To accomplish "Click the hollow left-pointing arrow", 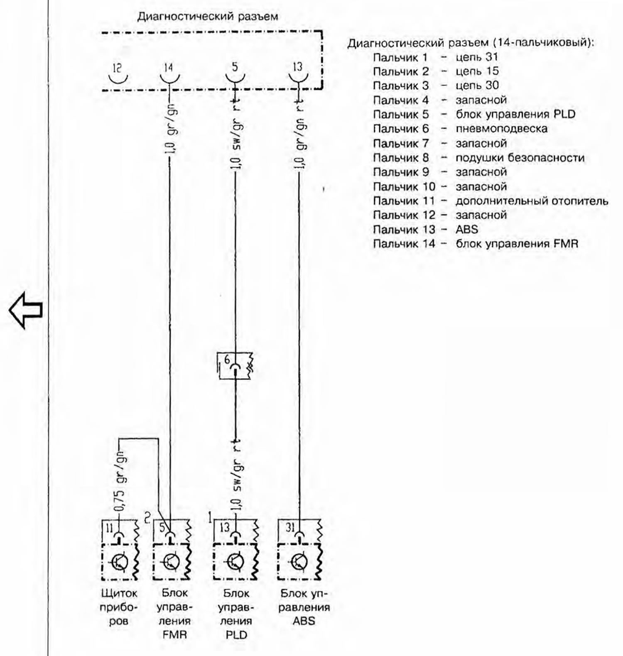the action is point(26,310).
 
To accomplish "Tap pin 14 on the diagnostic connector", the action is point(169,78).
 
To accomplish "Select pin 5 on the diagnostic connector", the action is point(235,78).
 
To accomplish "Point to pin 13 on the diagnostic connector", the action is point(298,78).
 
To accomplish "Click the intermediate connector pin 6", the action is point(235,365).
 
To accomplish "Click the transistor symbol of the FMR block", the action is point(171,562).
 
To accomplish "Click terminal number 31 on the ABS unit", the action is point(290,527).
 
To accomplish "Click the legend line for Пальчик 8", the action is point(478,158).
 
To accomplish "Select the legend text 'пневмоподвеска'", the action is point(501,129).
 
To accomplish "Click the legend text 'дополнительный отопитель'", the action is point(532,201).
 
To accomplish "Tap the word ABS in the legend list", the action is point(467,229).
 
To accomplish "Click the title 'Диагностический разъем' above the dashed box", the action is point(208,17).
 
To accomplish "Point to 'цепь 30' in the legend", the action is point(477,86).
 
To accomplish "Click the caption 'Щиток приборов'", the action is point(119,607).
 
